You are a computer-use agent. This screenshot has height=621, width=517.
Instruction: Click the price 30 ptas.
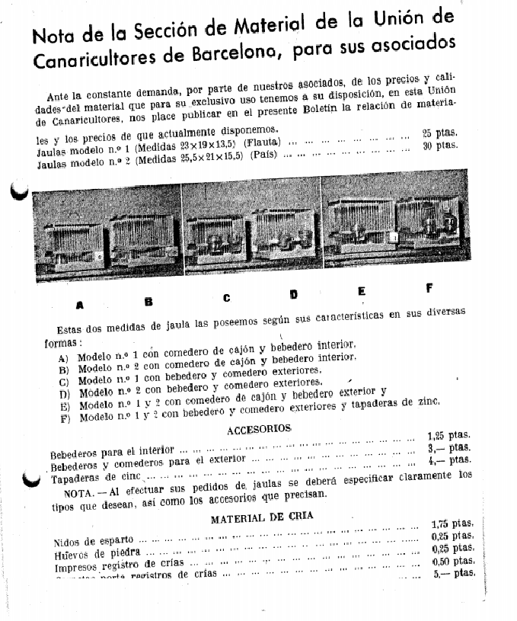click(440, 145)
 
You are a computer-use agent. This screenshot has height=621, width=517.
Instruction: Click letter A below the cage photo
click(80, 306)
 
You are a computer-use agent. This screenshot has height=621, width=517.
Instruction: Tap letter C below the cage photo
click(226, 298)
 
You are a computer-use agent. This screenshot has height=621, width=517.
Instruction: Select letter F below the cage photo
click(429, 288)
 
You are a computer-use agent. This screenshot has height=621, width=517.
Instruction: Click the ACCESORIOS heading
click(260, 430)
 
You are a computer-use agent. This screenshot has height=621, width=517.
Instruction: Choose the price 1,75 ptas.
click(452, 524)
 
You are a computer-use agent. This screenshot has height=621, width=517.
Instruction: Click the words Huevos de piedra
click(97, 554)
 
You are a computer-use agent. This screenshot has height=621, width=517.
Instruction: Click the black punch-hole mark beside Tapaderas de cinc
click(30, 479)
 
